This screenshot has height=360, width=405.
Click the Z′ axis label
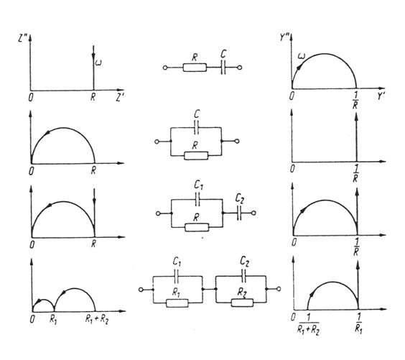pyautogui.click(x=119, y=98)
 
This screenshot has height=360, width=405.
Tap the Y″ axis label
pyautogui.click(x=284, y=37)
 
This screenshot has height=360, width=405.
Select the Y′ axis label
pyautogui.click(x=381, y=96)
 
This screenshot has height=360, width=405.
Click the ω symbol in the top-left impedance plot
pyautogui.click(x=98, y=63)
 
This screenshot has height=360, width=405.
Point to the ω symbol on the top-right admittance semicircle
pyautogui.click(x=301, y=55)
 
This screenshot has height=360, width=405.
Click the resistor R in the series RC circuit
pyautogui.click(x=195, y=68)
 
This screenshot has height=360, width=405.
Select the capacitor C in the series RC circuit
pyautogui.click(x=223, y=68)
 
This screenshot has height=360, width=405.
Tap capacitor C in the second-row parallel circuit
pyautogui.click(x=196, y=127)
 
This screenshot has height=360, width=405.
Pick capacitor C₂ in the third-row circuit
pyautogui.click(x=239, y=213)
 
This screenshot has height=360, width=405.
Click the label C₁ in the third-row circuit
pyautogui.click(x=198, y=185)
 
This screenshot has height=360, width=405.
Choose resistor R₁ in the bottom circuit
pyautogui.click(x=177, y=303)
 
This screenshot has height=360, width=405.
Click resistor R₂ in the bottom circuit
pyautogui.click(x=242, y=303)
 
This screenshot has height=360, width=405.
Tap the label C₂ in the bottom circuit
pyautogui.click(x=244, y=261)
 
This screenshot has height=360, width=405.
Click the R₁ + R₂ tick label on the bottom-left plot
pyautogui.click(x=97, y=320)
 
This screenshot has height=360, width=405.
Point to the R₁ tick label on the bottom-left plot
pyautogui.click(x=53, y=320)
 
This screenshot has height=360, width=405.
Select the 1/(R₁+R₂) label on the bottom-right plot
pyautogui.click(x=308, y=325)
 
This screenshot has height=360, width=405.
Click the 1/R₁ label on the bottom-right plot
pyautogui.click(x=358, y=324)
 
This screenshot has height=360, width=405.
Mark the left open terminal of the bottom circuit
pyautogui.click(x=141, y=290)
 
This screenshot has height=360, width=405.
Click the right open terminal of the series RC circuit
pyautogui.click(x=240, y=68)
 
